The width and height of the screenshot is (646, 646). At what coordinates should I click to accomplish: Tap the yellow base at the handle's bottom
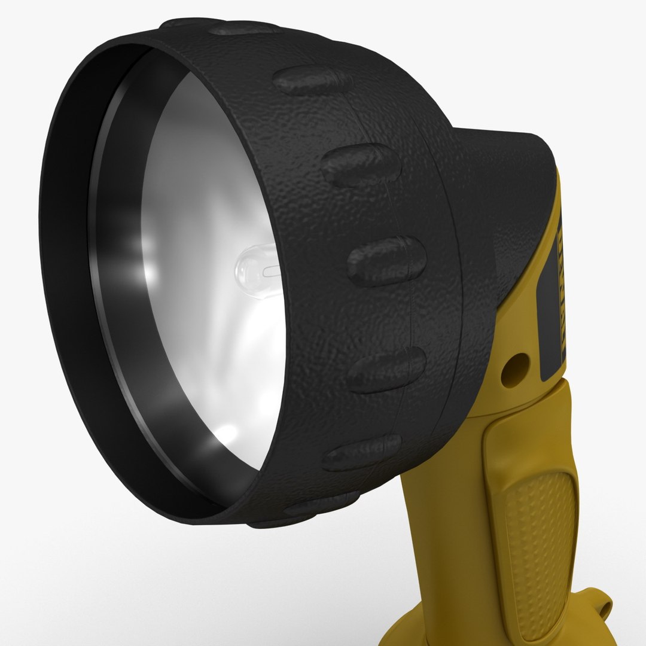(419, 628)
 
